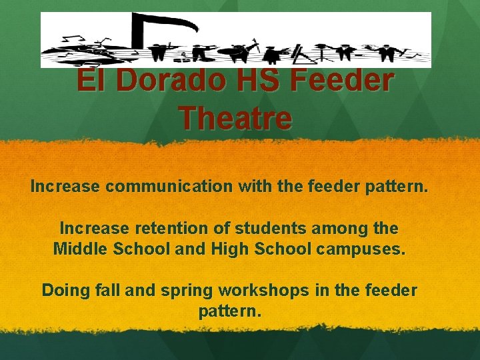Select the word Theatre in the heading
235,119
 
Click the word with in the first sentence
255,187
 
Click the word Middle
77,250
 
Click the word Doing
62,291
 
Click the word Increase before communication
65,187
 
